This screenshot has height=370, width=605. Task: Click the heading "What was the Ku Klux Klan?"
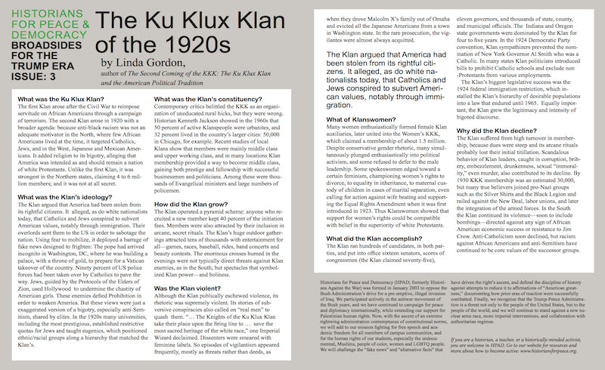tap(51, 100)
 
